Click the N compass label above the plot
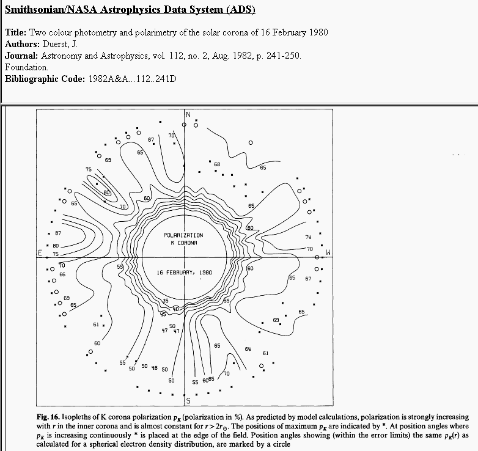(x=188, y=114)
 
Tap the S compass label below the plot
(x=188, y=401)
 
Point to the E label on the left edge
(x=39, y=253)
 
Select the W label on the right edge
(x=328, y=252)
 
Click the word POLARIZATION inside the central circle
(x=183, y=235)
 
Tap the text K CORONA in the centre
(x=183, y=243)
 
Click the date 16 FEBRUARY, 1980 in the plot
(x=183, y=272)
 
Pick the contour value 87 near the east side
(x=57, y=233)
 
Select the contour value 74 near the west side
(x=308, y=237)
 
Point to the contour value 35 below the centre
(x=165, y=301)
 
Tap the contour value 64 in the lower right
(x=248, y=349)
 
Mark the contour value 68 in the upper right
(x=216, y=164)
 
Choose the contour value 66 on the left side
(x=62, y=274)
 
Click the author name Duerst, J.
(x=62, y=44)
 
